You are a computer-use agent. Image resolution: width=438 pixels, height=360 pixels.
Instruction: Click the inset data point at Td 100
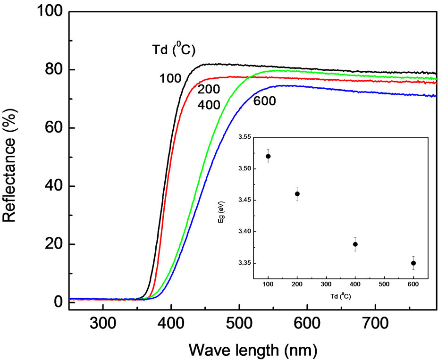pyautogui.click(x=268, y=156)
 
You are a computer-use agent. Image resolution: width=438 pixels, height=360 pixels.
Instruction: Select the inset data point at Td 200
pyautogui.click(x=297, y=193)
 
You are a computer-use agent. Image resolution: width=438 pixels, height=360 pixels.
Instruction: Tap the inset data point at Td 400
pyautogui.click(x=355, y=244)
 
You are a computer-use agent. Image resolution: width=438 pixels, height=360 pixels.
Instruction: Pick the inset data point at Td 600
pyautogui.click(x=413, y=263)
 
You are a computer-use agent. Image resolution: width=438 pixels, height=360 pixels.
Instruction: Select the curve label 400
pyautogui.click(x=208, y=104)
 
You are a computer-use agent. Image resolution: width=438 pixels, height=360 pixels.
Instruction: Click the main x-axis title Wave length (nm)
pyautogui.click(x=253, y=350)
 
